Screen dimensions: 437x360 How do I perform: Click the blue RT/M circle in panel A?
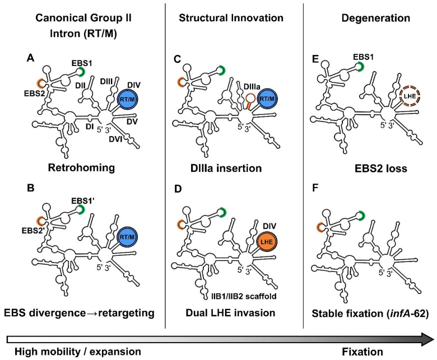(x=128, y=99)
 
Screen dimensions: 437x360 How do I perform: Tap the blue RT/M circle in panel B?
(x=127, y=237)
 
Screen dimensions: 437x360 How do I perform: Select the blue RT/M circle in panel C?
(x=267, y=99)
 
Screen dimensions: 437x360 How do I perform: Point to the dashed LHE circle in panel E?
(x=410, y=96)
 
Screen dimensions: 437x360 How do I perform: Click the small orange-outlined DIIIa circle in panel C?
(x=251, y=98)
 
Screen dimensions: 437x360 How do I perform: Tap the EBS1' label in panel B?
(x=82, y=201)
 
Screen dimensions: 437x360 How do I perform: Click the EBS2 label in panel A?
(x=35, y=93)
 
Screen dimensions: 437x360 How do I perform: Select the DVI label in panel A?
(x=115, y=138)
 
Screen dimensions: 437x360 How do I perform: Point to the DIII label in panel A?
(x=106, y=82)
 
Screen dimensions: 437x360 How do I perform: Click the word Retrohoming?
(x=81, y=168)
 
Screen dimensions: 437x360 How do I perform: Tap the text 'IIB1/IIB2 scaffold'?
(x=244, y=296)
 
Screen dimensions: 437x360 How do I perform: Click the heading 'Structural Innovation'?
(x=231, y=18)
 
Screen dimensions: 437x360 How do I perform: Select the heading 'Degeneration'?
(x=376, y=18)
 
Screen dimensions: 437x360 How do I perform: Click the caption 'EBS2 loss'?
(x=381, y=169)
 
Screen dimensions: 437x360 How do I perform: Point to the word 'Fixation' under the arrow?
(x=362, y=352)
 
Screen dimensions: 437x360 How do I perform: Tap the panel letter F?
(x=315, y=188)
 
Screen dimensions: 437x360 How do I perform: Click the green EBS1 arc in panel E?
(x=361, y=67)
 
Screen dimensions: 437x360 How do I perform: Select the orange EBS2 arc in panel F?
(x=319, y=227)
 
